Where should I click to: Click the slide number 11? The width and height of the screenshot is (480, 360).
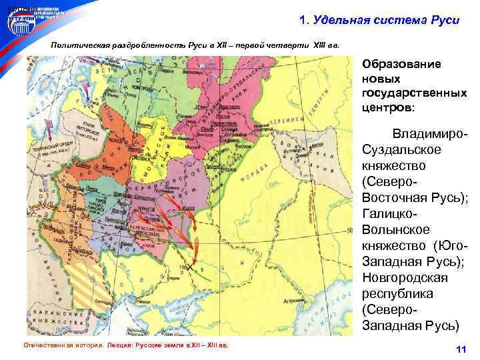(459, 350)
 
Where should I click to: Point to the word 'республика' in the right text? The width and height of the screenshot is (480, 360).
(397, 294)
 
